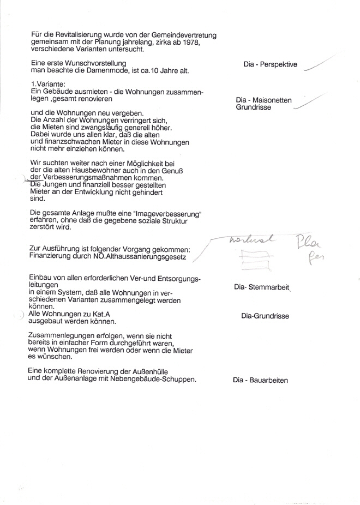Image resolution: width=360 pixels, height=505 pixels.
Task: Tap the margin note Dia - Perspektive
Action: tap(270, 64)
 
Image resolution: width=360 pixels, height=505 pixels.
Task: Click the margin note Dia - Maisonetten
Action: tap(263, 100)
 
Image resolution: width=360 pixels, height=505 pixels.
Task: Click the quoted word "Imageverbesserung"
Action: tap(160, 213)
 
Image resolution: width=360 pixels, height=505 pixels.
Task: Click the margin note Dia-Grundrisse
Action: tap(265, 316)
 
